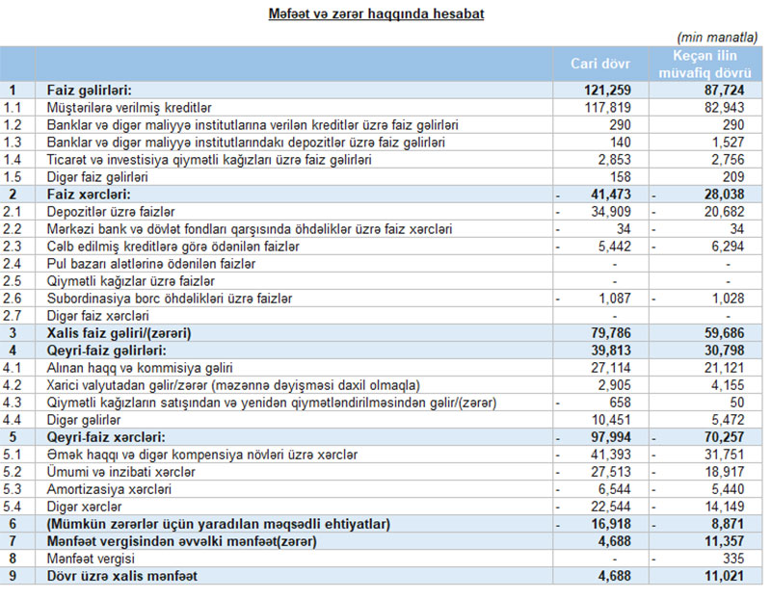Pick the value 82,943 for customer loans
click(x=731, y=107)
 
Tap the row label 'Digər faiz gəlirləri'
click(x=97, y=176)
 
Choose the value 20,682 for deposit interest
click(x=731, y=211)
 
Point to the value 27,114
click(x=612, y=367)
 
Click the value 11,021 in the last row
click(x=731, y=575)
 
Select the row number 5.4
click(x=13, y=506)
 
